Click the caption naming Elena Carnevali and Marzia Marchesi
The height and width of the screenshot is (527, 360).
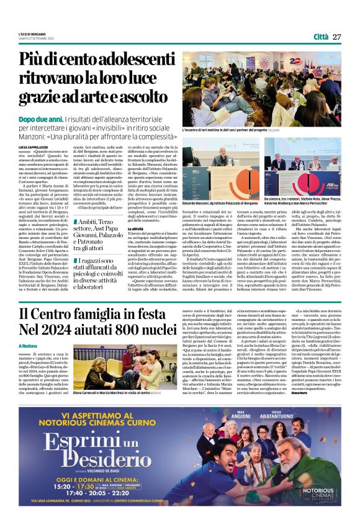(121, 392)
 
